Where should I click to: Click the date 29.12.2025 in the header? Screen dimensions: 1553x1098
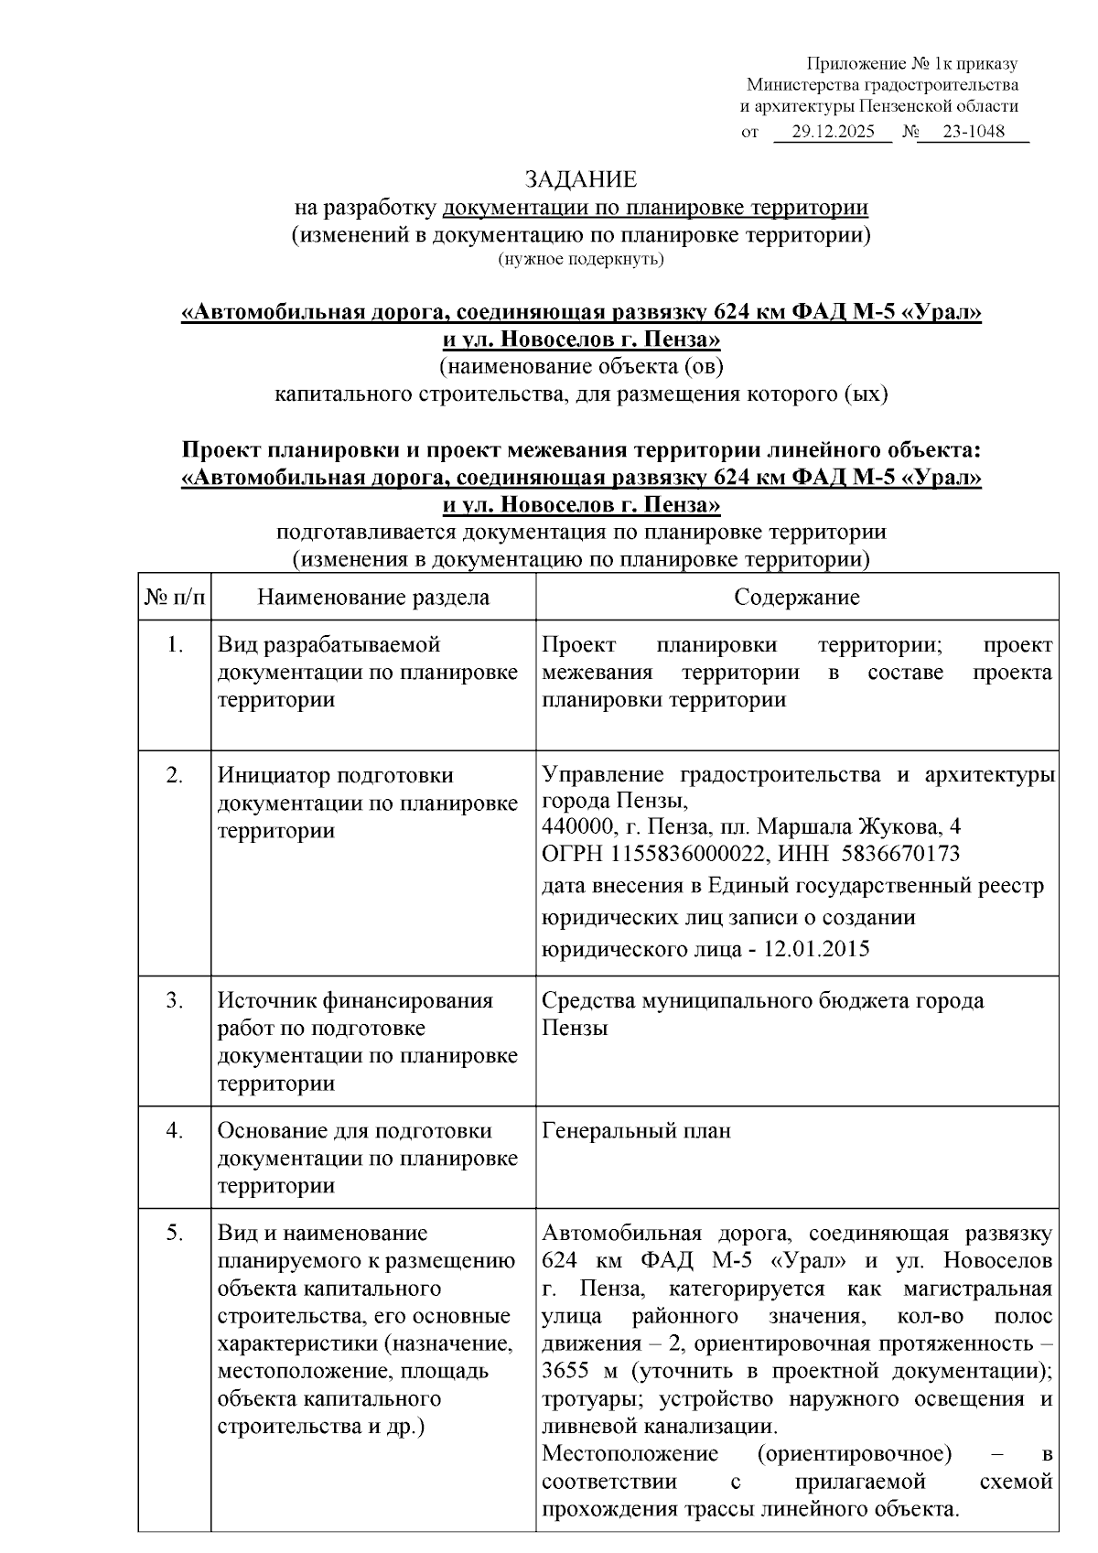tap(833, 131)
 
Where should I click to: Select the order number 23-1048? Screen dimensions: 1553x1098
tap(973, 131)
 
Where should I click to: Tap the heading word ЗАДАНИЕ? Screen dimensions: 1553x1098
tap(580, 179)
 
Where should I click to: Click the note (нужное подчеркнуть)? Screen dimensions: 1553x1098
tap(580, 260)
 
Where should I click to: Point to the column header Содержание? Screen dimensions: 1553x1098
tap(796, 598)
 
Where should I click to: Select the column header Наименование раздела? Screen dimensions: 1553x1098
tap(373, 598)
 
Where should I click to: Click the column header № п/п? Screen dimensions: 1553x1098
tap(175, 598)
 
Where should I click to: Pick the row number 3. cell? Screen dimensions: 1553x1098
tap(175, 1000)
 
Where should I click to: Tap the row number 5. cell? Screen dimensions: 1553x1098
tap(175, 1234)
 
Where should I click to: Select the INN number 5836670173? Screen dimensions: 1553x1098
tap(900, 854)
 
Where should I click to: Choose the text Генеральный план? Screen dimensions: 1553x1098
tap(636, 1131)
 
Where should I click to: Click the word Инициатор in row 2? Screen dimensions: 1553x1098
tap(273, 776)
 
